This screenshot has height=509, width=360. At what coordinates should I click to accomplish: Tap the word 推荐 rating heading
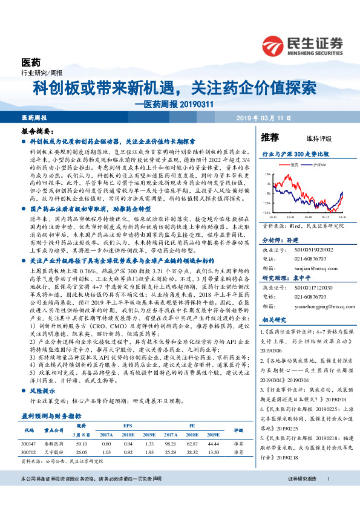pos(270,137)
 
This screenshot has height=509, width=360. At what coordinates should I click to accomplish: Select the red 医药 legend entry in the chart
pos(293,164)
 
